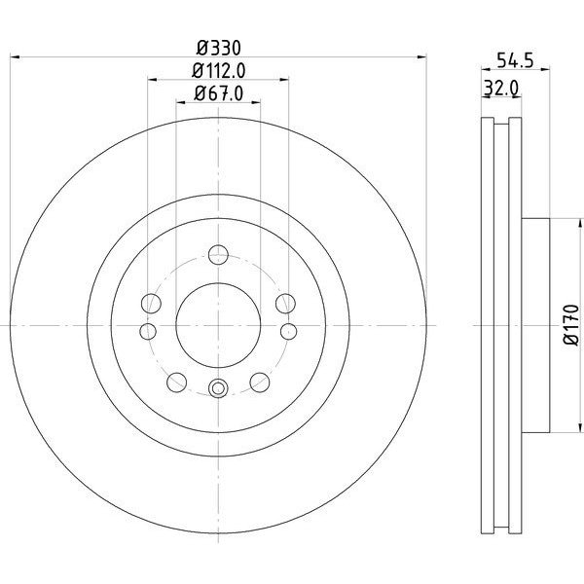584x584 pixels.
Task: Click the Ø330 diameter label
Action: point(218,47)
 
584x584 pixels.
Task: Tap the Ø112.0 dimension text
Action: point(218,70)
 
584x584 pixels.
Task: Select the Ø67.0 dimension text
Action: point(218,93)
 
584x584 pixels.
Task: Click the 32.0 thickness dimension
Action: point(499,89)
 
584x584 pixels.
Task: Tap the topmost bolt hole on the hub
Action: point(218,256)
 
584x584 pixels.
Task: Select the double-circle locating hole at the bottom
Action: point(218,389)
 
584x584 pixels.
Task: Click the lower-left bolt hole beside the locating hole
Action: point(178,381)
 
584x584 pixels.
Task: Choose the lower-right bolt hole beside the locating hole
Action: point(259,381)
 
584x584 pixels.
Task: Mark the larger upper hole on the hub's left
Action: point(151,304)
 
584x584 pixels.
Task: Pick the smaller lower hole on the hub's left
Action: point(147,332)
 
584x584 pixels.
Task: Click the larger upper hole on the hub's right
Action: point(285,304)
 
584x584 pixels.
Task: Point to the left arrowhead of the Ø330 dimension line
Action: point(14,57)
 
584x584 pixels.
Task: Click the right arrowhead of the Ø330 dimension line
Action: point(422,57)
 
